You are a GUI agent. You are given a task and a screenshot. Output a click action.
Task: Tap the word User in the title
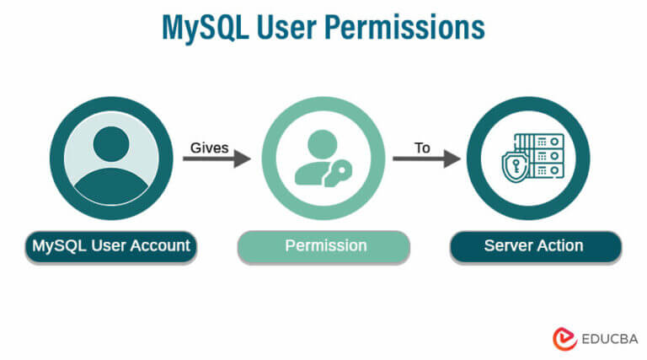295,28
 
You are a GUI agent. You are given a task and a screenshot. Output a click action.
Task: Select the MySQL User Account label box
111,246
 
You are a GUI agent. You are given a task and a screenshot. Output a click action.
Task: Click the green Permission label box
324,246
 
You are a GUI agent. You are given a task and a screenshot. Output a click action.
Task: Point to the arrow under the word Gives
217,157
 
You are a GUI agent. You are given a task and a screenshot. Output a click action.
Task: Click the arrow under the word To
426,157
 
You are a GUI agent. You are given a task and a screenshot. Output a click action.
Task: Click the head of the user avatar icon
111,144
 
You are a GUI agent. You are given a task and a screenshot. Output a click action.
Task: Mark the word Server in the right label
506,246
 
